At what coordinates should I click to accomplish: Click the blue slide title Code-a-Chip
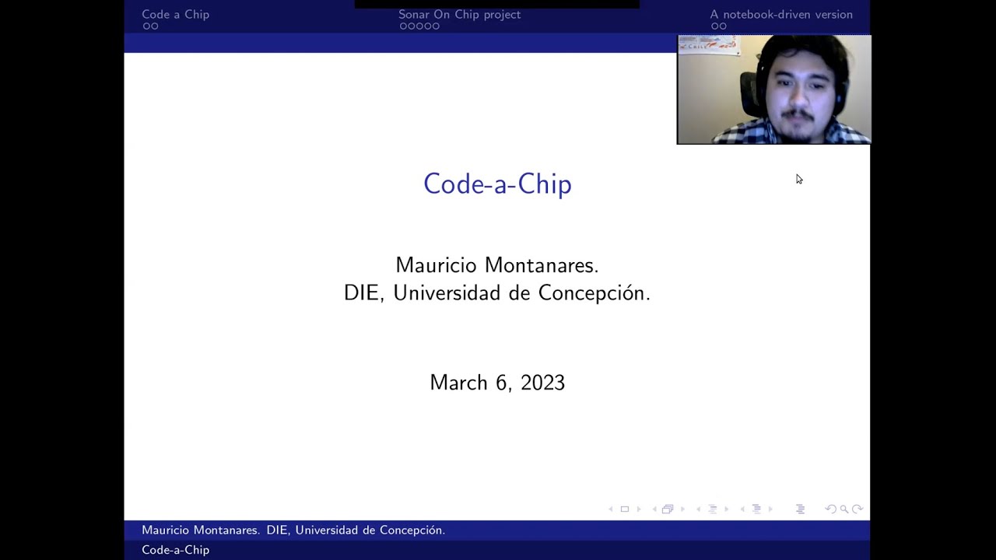tap(497, 184)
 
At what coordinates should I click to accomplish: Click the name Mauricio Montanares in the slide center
tap(496, 265)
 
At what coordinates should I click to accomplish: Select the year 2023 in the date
tap(542, 383)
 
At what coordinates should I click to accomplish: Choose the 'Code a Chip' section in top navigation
tap(175, 14)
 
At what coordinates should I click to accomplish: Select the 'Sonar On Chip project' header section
tap(459, 14)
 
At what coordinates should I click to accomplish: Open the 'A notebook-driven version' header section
tap(780, 14)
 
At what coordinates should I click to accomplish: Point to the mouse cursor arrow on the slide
tap(798, 179)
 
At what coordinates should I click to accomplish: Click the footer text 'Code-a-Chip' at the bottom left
tap(175, 550)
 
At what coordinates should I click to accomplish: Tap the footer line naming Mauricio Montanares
tap(293, 530)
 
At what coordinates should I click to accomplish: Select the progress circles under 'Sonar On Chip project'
tap(419, 26)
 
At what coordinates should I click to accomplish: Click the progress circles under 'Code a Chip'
tap(150, 26)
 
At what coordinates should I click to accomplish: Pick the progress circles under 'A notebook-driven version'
tap(718, 26)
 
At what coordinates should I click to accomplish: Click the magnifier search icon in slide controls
tap(843, 509)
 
